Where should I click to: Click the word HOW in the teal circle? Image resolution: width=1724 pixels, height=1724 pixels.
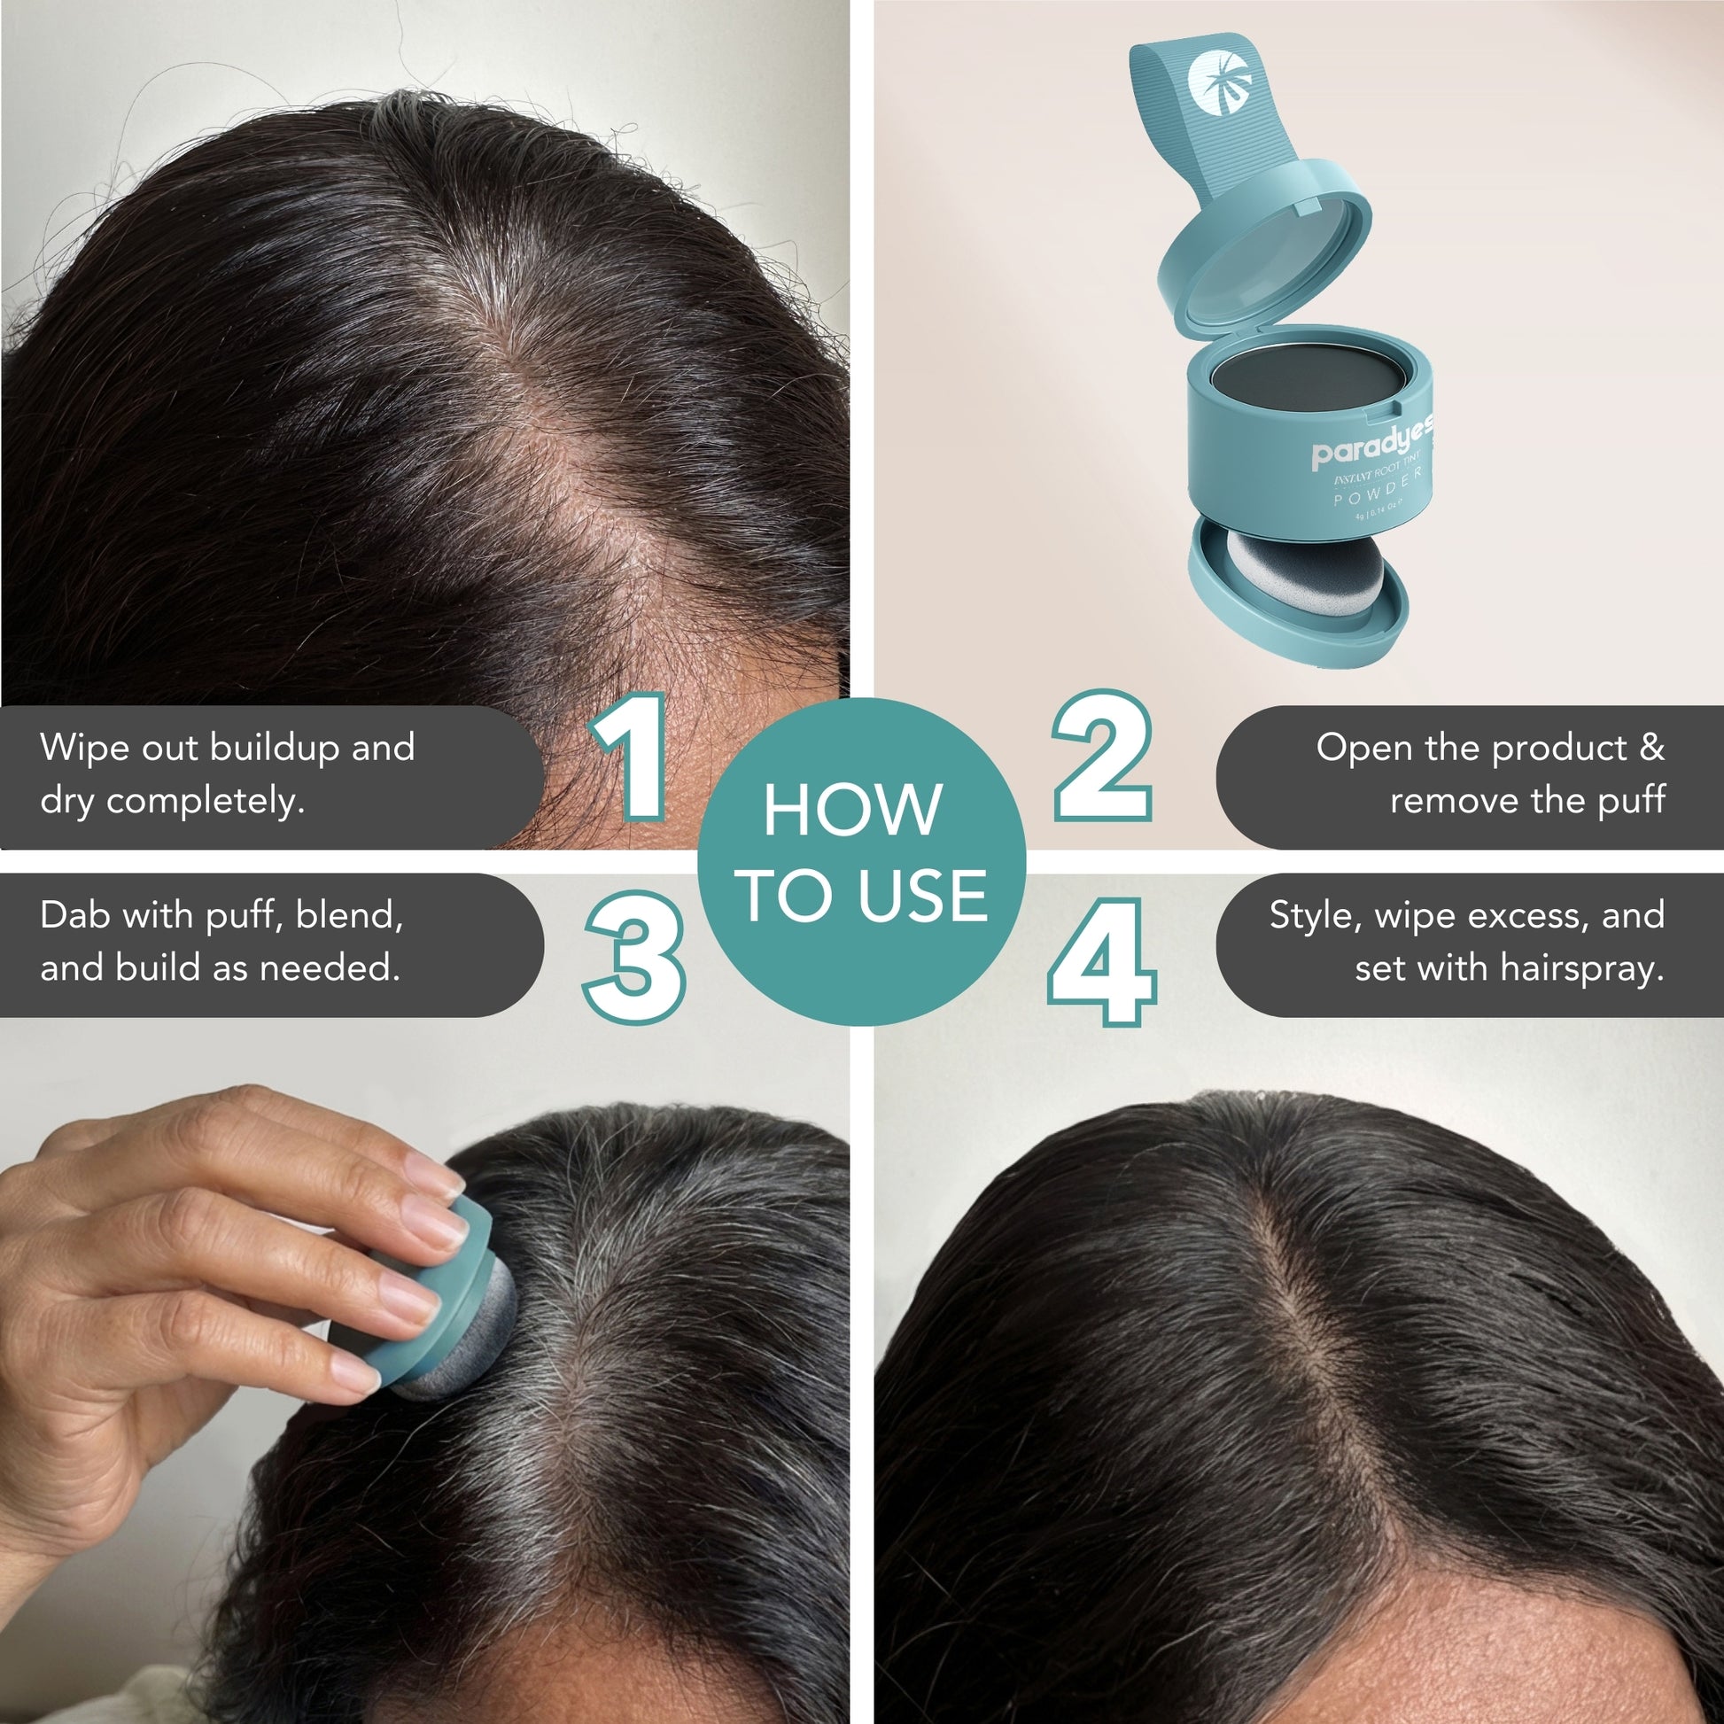(x=852, y=811)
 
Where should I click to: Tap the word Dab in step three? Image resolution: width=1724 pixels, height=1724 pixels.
(x=75, y=914)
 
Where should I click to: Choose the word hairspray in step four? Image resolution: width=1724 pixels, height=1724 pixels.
(x=1581, y=968)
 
